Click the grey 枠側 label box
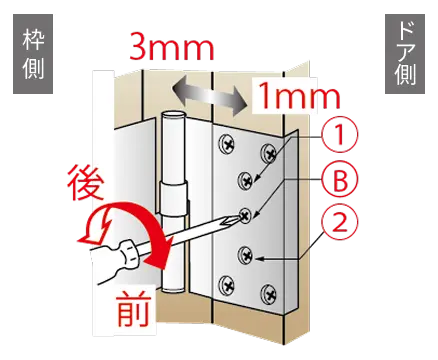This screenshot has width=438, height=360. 33,54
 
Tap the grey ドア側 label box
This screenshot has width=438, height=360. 405,54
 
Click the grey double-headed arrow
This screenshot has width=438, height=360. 209,95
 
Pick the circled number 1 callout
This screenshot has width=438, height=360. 340,135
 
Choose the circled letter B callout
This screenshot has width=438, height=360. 340,181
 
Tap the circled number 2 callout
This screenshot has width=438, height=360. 340,222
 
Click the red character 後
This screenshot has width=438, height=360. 85,183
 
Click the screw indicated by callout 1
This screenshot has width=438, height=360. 246,180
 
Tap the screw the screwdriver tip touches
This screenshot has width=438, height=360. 246,215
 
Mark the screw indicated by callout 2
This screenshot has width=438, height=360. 246,255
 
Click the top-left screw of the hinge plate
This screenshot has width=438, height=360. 227,144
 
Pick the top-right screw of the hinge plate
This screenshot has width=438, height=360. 269,153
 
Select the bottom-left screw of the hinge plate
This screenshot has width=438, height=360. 227,285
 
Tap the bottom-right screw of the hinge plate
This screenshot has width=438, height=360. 269,294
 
